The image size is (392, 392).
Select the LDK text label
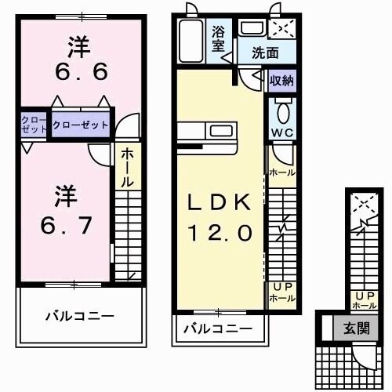pos(219,202)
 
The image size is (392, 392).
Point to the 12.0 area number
pos(219,232)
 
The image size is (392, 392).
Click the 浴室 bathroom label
pos(220,38)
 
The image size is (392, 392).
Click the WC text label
pos(282,132)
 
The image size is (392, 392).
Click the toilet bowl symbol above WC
pos(282,108)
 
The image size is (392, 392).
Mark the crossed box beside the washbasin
pos(281,29)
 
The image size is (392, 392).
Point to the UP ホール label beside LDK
pos(281,292)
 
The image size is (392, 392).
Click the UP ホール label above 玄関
pos(365,299)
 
